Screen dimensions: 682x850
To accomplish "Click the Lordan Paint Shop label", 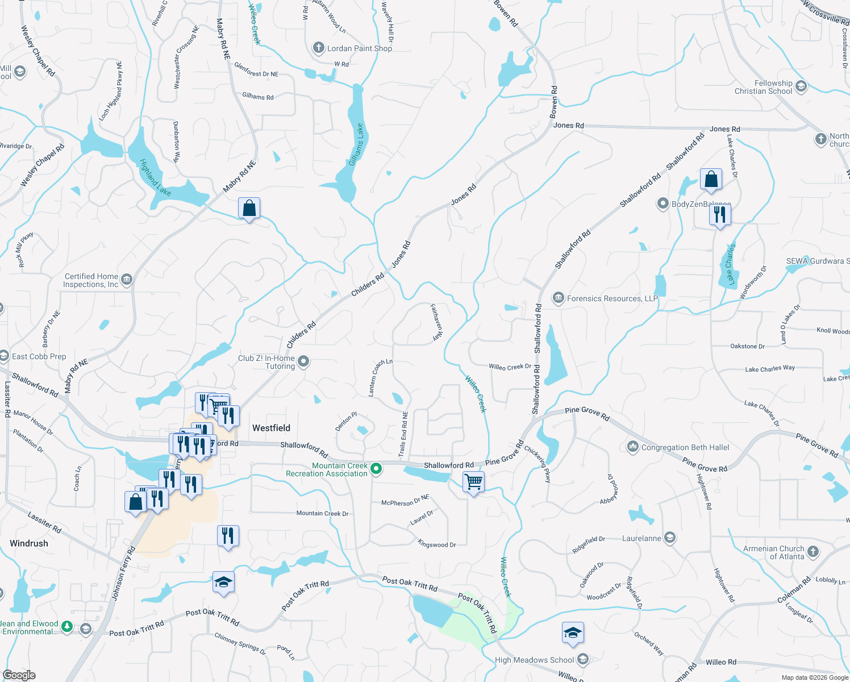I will (x=359, y=48).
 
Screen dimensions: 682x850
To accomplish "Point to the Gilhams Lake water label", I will (x=357, y=145).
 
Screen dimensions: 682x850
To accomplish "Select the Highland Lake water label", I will (x=155, y=177).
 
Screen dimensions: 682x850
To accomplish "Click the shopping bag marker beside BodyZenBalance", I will (x=711, y=180).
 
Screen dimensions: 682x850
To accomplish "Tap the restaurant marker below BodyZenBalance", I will (x=720, y=215).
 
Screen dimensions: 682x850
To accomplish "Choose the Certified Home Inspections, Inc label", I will (x=91, y=280).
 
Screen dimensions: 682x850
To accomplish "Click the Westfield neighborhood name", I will (x=271, y=428).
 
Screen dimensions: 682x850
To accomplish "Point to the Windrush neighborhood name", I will (x=29, y=543).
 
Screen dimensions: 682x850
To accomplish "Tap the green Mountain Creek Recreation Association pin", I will (x=376, y=469).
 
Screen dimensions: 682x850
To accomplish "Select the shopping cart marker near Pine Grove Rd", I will (x=473, y=483).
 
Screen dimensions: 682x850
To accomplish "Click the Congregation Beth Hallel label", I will (x=685, y=447).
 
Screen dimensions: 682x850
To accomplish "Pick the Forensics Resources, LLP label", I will (x=612, y=298).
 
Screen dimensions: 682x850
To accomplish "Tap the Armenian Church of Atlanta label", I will (x=773, y=552).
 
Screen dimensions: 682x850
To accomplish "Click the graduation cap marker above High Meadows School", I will (x=573, y=633).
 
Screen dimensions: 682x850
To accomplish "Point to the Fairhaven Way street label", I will (x=436, y=322).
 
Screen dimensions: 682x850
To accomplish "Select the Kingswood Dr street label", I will (x=437, y=544).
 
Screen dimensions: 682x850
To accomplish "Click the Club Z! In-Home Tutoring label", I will (x=266, y=362).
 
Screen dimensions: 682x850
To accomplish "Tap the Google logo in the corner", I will (x=19, y=675).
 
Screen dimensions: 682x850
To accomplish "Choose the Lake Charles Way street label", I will (x=770, y=369).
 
